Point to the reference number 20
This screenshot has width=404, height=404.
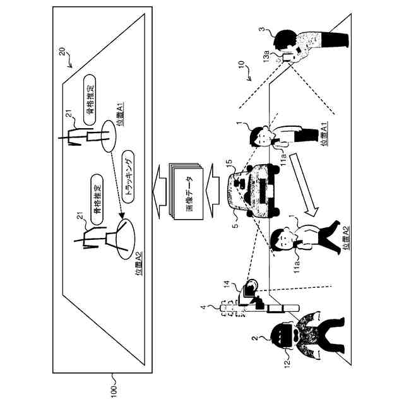point(62,55)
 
